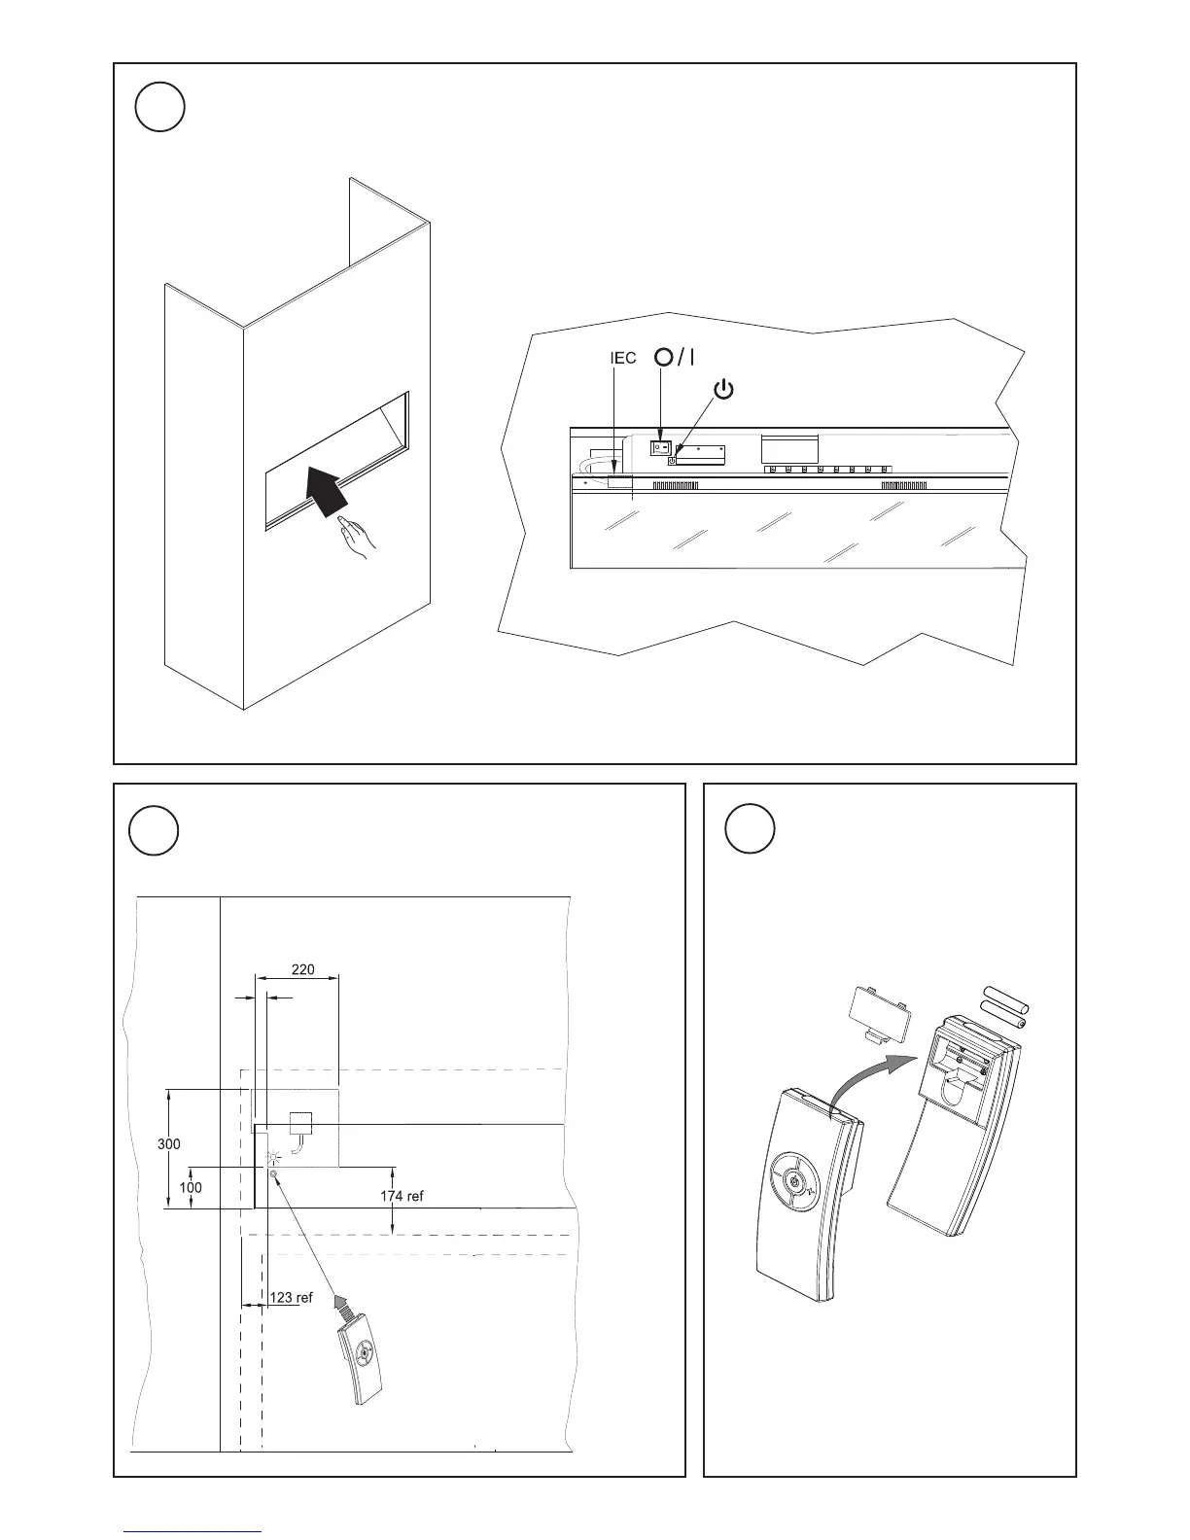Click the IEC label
[623, 359]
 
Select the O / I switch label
[675, 357]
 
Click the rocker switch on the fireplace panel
[660, 447]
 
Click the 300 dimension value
[169, 1144]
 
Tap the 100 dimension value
[191, 1187]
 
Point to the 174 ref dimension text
[402, 1196]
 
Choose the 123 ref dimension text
[291, 1297]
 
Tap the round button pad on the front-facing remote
[794, 1181]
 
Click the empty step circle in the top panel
[159, 108]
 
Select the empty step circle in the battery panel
[751, 828]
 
